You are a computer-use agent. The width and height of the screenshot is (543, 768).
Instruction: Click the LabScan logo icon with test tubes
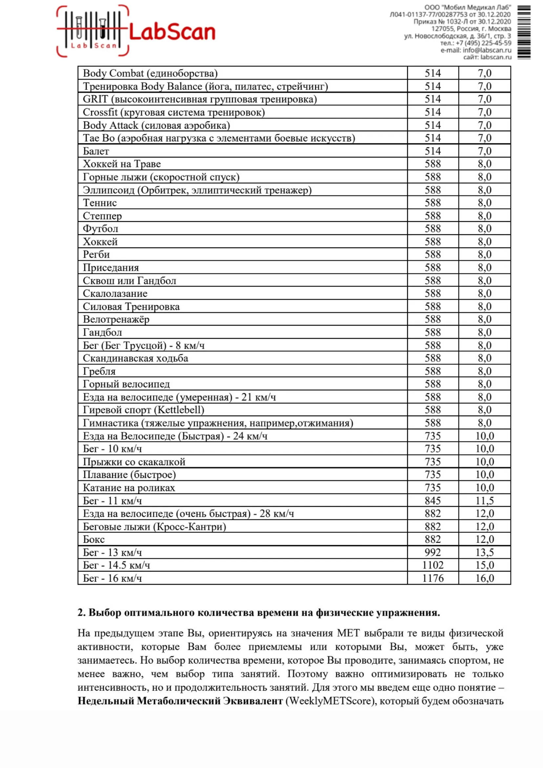coord(92,31)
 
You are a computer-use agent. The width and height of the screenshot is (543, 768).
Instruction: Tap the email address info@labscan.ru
coord(487,50)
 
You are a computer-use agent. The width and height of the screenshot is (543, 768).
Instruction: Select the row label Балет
coord(96,151)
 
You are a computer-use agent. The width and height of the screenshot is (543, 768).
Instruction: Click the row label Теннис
coord(100,203)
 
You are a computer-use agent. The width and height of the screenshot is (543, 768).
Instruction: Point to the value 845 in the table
coord(433,501)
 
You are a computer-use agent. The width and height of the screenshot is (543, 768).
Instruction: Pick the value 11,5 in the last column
coord(485,501)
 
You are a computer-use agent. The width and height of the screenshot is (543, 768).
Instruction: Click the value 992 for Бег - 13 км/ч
coord(433,552)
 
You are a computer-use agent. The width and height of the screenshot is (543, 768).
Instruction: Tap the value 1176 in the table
coord(433,578)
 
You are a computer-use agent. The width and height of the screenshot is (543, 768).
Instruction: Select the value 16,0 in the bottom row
coord(485,578)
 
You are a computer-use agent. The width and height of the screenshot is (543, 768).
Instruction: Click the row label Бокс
coord(94,540)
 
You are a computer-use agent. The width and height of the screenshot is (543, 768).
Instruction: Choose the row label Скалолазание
coord(115,293)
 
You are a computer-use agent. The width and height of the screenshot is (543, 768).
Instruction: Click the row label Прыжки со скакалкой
coord(134,462)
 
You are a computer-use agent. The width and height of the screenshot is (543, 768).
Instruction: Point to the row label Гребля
coord(99,371)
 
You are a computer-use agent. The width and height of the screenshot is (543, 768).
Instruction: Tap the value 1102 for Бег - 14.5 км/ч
coord(433,565)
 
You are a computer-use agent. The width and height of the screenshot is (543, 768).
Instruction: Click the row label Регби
coord(96,255)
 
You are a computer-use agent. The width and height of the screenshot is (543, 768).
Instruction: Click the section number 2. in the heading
coord(82,613)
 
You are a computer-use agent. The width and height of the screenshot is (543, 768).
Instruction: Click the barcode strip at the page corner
coord(524,32)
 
